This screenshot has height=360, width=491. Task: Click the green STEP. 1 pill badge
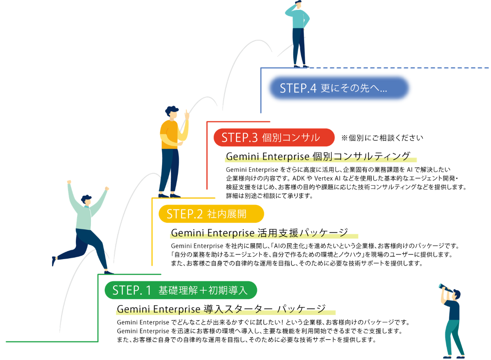[181, 290]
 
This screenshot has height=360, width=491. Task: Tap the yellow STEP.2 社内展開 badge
[212, 214]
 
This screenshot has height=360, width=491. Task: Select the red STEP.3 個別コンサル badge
[274, 137]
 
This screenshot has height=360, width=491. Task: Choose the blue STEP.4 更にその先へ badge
[339, 88]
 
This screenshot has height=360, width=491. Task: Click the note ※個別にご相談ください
[382, 138]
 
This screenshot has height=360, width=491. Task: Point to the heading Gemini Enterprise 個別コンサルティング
[318, 156]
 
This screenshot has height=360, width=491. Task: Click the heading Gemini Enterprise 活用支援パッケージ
[259, 233]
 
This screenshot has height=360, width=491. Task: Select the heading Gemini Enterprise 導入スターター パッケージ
[221, 309]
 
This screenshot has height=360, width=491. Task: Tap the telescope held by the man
[446, 288]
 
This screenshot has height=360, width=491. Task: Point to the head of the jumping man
[87, 200]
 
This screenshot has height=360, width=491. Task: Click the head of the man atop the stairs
[298, 4]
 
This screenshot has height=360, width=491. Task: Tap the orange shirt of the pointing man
[169, 134]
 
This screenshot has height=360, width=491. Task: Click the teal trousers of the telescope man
[454, 337]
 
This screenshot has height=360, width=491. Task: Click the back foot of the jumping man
[53, 261]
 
